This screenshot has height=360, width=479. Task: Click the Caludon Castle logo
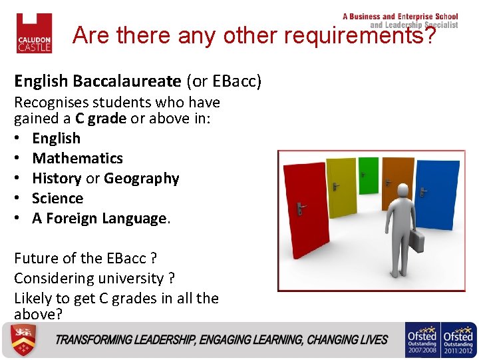click(x=34, y=33)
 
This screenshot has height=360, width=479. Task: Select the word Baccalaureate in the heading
click(x=126, y=81)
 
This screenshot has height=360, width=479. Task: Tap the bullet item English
click(x=56, y=139)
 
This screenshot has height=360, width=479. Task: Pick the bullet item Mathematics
click(x=77, y=159)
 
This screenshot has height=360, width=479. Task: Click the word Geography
click(x=142, y=179)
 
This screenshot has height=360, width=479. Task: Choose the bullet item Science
click(x=57, y=199)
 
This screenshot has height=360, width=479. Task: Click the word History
click(x=57, y=179)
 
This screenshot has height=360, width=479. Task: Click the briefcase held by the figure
click(x=416, y=241)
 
